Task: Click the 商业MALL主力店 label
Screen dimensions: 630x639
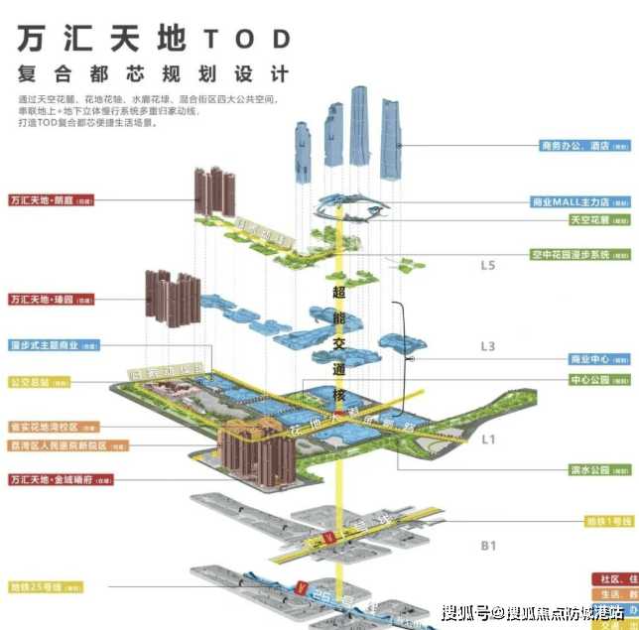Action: tap(580, 201)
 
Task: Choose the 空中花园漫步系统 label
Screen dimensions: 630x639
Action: tap(580, 254)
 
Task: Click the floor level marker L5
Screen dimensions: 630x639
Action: tap(487, 266)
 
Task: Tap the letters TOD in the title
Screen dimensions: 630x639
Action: tap(247, 38)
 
